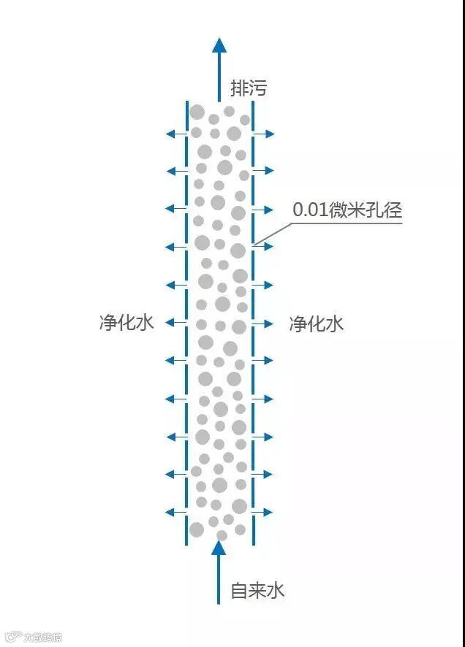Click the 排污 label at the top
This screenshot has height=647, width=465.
[x=249, y=89]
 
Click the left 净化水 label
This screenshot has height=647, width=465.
[x=126, y=323]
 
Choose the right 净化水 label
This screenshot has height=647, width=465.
[x=317, y=323]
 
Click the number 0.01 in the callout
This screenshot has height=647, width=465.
[x=311, y=210]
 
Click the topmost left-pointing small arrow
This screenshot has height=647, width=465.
[x=175, y=134]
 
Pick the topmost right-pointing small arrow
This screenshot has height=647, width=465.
[x=265, y=134]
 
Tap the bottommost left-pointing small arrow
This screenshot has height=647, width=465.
[x=175, y=513]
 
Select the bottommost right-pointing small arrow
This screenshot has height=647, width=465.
[x=265, y=513]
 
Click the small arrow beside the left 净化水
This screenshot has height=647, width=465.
[x=175, y=323]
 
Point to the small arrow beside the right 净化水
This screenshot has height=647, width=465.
[x=265, y=323]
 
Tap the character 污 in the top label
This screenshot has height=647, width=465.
[x=258, y=89]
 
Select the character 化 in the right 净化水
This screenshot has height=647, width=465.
[x=317, y=323]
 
